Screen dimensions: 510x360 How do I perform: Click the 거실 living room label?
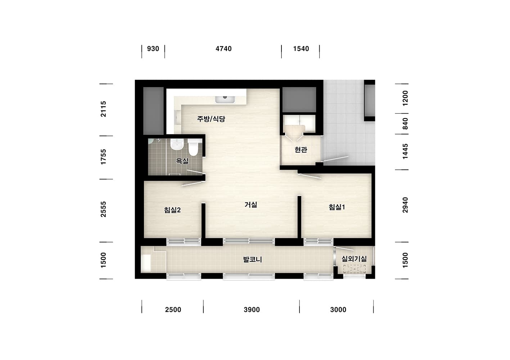click(251, 205)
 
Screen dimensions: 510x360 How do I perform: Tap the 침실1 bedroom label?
click(337, 207)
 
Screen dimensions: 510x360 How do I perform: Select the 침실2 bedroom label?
click(172, 210)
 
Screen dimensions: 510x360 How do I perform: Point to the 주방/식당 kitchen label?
click(211, 119)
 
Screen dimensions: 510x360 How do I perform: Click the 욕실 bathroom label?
click(182, 161)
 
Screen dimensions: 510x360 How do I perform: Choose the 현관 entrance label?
click(301, 150)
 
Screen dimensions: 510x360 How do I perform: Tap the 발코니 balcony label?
click(253, 259)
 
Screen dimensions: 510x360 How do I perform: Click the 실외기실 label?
click(354, 259)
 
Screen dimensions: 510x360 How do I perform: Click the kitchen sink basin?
click(225, 99)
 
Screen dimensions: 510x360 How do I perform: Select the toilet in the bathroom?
click(194, 147)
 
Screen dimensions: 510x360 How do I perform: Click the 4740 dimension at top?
click(224, 49)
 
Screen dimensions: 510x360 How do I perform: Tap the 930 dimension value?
click(153, 49)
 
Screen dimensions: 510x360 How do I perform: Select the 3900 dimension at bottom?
click(252, 310)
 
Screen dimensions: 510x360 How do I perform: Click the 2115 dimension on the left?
click(103, 109)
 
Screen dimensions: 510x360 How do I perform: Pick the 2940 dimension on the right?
click(405, 205)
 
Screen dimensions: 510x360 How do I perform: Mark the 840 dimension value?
click(405, 124)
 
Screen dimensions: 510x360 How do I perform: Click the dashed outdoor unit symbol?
click(355, 269)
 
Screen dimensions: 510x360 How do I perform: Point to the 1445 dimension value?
click(405, 151)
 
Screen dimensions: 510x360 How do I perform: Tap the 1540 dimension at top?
click(301, 49)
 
